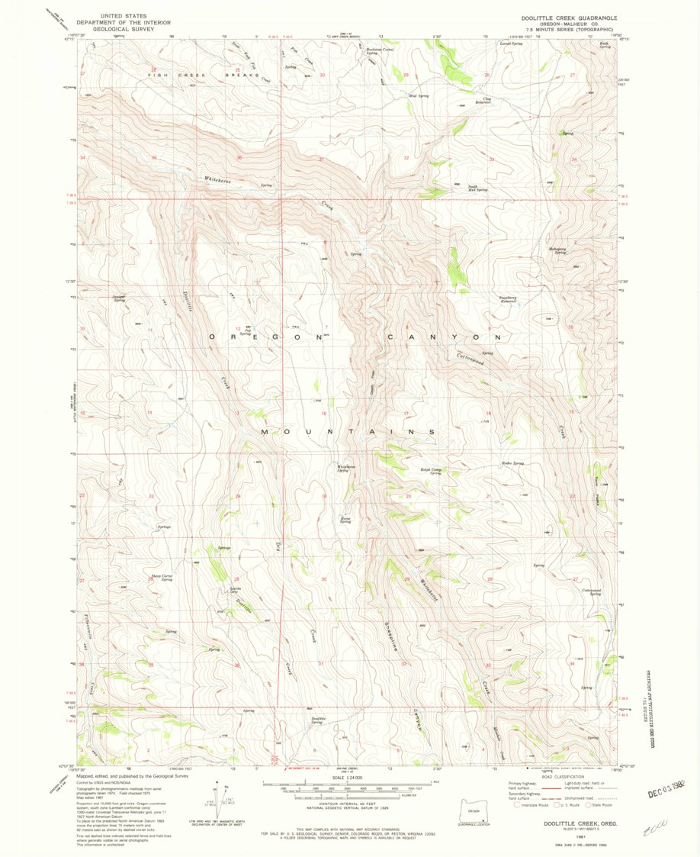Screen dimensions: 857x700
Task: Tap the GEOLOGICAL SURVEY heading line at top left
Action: tap(124, 28)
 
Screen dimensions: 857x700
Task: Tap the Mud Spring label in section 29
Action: tap(419, 95)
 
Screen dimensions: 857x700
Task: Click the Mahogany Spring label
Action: tap(560, 250)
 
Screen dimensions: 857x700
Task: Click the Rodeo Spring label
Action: tap(512, 463)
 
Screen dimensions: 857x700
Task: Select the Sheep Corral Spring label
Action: tap(162, 577)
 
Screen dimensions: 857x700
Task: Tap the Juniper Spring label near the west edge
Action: tap(118, 298)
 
